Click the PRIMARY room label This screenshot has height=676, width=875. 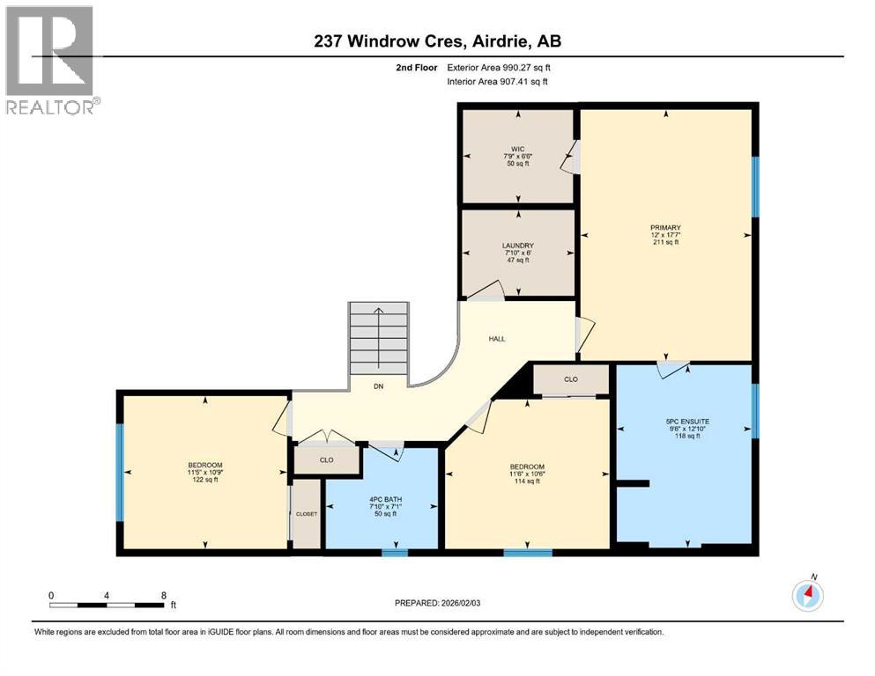click(x=666, y=228)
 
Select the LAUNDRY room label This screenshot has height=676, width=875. click(x=517, y=246)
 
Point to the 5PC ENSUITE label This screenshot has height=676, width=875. click(x=687, y=422)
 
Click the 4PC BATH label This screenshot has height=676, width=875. click(x=382, y=500)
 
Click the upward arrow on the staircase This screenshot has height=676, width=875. click(x=379, y=317)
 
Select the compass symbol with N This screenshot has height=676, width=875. click(x=807, y=595)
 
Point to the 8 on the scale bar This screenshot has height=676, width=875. click(x=163, y=595)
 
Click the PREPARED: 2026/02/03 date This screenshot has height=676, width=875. click(x=438, y=604)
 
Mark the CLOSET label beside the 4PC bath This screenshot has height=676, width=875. click(x=306, y=513)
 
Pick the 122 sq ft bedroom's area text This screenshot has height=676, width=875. click(x=204, y=481)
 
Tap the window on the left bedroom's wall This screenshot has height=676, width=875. click(x=120, y=472)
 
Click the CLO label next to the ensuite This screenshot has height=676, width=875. click(x=570, y=379)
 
